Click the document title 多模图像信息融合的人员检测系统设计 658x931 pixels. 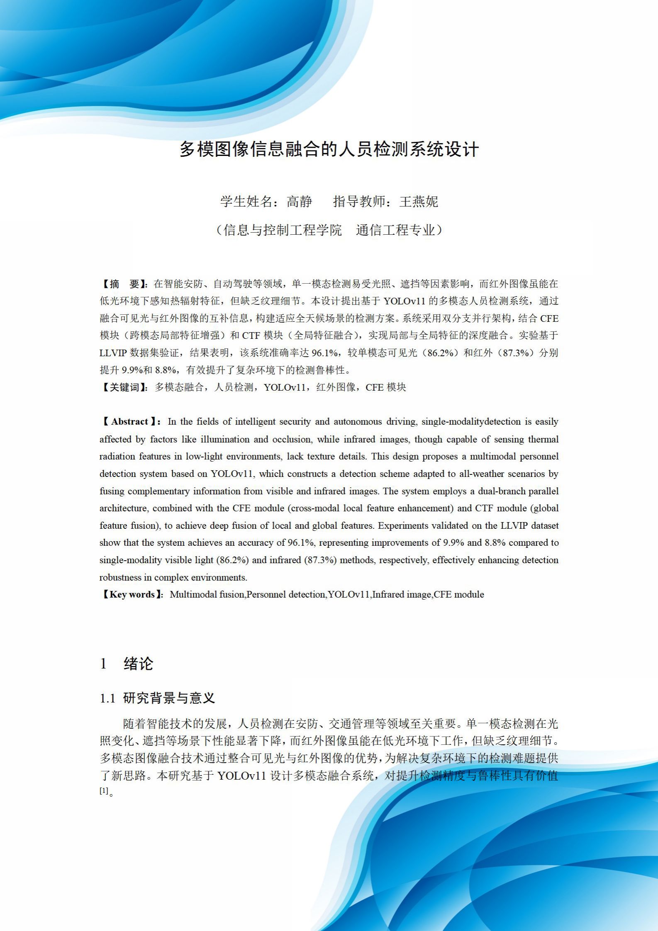[x=329, y=150]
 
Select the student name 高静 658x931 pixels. [x=299, y=202]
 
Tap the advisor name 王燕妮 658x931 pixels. [x=419, y=202]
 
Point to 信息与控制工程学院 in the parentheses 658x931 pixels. [x=283, y=230]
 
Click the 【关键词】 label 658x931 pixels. [x=124, y=387]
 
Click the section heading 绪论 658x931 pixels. [x=139, y=664]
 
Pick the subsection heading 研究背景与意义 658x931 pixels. [x=169, y=698]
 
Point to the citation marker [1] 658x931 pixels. [x=104, y=791]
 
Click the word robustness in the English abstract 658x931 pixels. [x=120, y=577]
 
